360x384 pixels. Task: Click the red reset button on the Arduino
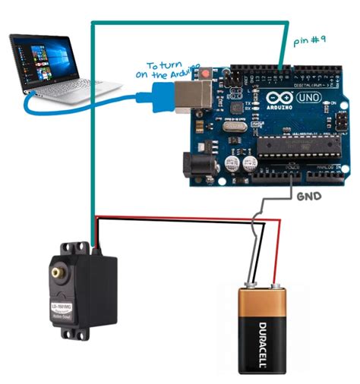click(x=207, y=73)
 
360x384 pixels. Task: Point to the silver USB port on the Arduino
click(x=187, y=95)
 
